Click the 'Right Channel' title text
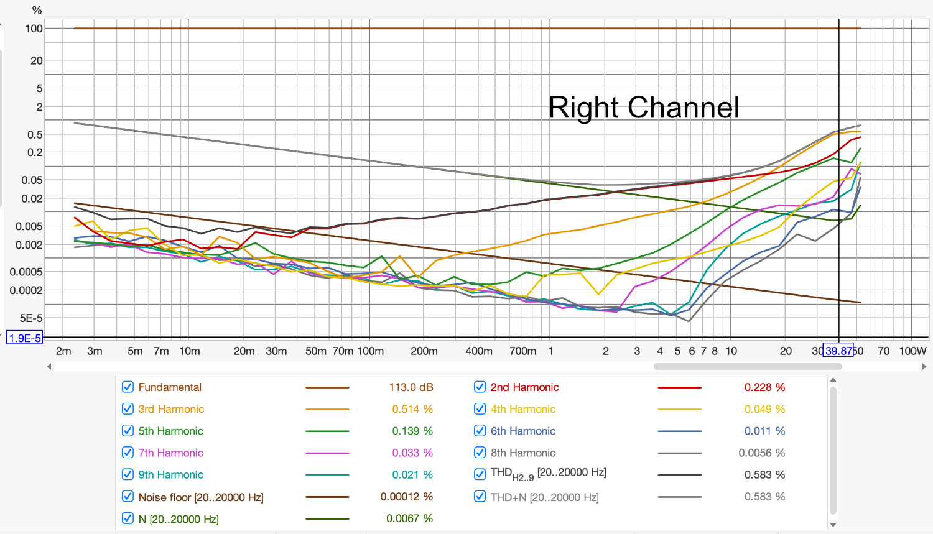click(643, 108)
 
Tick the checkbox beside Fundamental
click(128, 387)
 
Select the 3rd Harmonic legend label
click(171, 409)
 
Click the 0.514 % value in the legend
click(412, 409)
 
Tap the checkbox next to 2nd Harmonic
click(480, 387)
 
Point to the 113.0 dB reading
click(411, 387)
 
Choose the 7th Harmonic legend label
click(171, 453)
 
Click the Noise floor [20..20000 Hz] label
click(201, 497)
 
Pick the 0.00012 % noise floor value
click(406, 497)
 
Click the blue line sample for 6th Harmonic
click(679, 431)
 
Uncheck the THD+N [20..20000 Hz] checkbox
click(480, 497)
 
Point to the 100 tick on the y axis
click(34, 29)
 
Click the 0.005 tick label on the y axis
click(29, 226)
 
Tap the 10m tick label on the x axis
click(189, 351)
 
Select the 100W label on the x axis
click(912, 351)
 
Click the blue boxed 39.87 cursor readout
click(838, 351)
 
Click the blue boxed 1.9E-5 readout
click(24, 338)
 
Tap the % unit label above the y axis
click(37, 11)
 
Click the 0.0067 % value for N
click(409, 518)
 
